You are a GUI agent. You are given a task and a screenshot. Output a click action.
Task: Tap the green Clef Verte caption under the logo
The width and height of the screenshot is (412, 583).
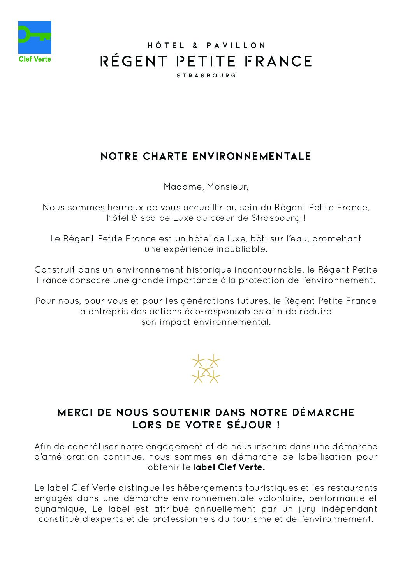tap(35, 60)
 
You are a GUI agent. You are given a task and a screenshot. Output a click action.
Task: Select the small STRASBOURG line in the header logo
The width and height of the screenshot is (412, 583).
tap(206, 76)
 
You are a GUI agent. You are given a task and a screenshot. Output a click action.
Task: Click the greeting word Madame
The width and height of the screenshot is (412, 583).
tap(183, 187)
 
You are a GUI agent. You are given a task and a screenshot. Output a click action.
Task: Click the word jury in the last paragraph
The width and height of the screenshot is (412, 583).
tap(318, 509)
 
